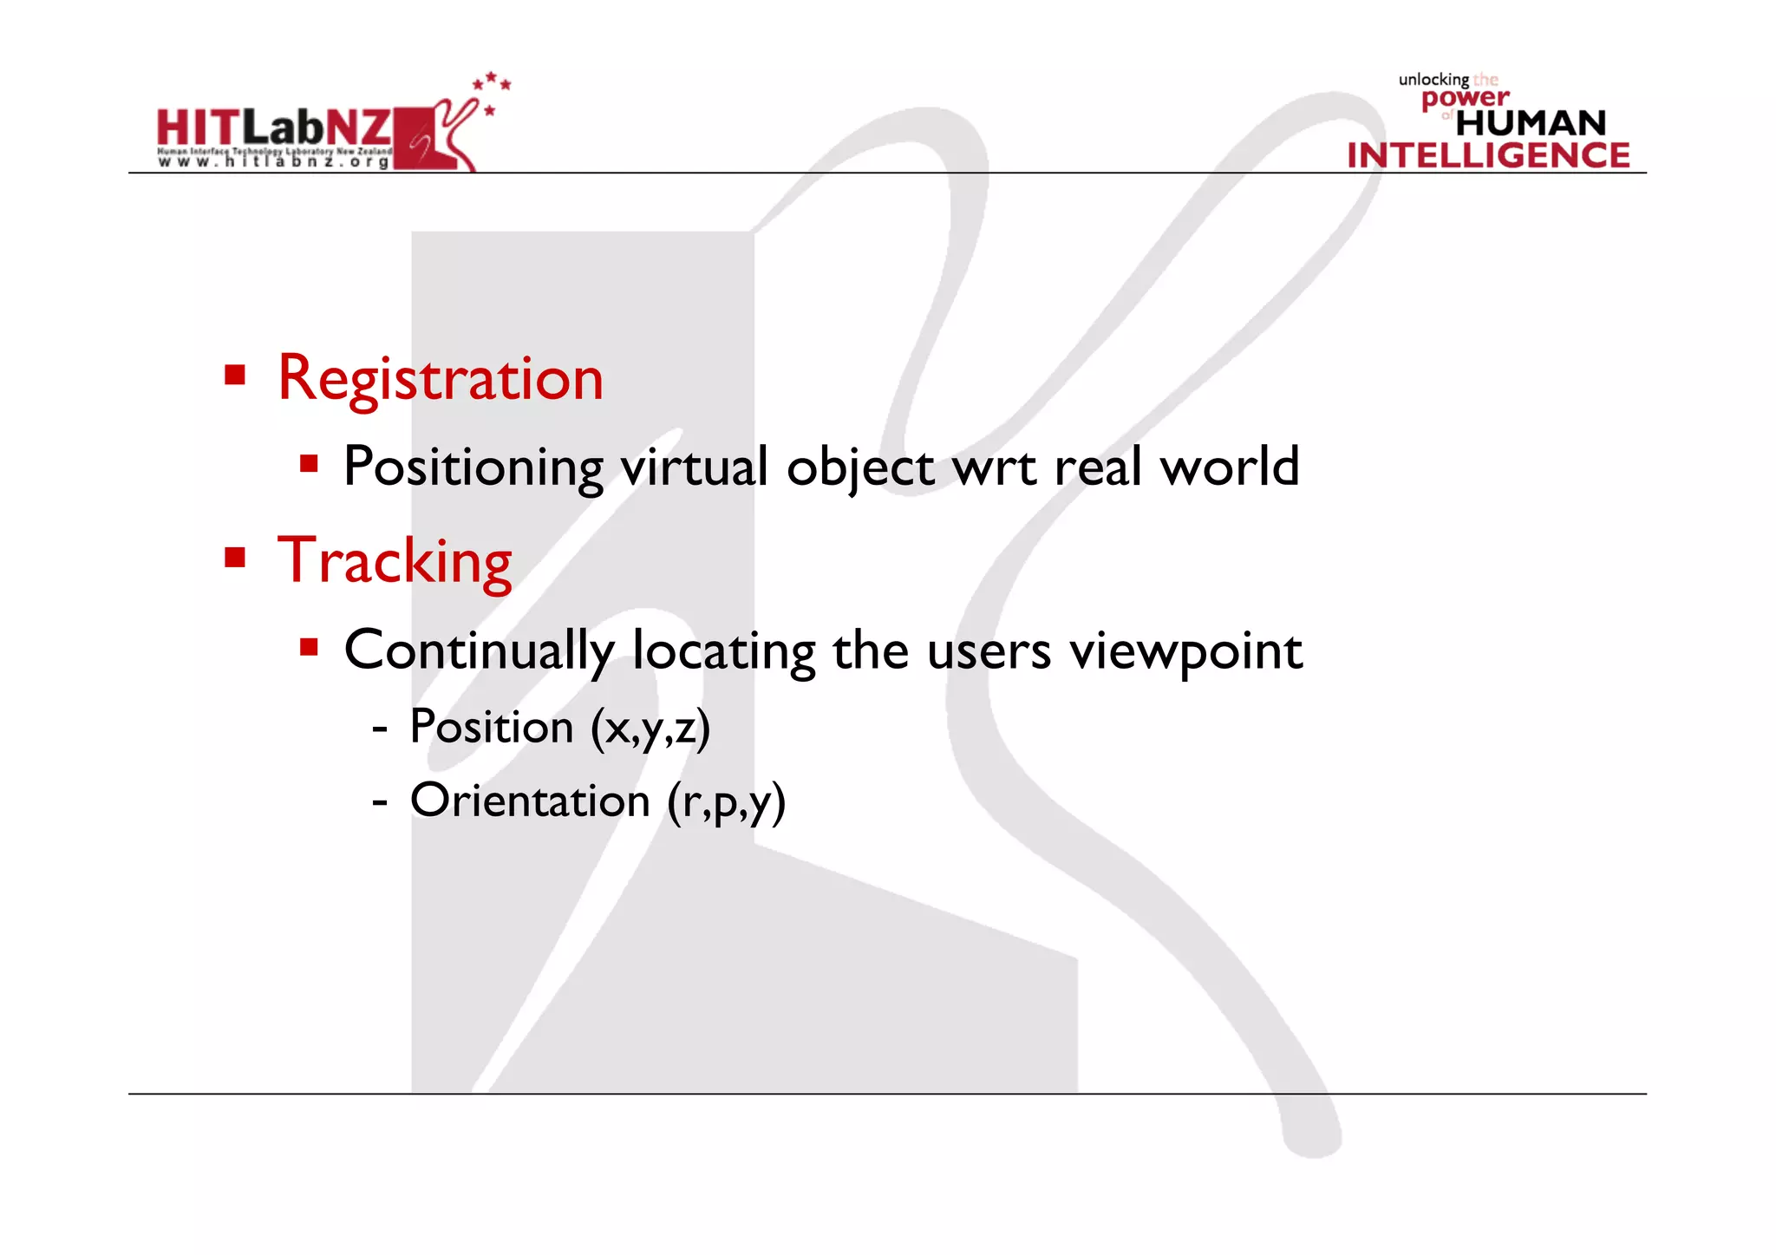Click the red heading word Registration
[x=440, y=379]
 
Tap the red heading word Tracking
[x=395, y=562]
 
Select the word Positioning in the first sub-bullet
[x=473, y=467]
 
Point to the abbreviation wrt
[x=994, y=468]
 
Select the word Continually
[x=480, y=650]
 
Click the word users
[x=989, y=650]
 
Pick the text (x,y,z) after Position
[x=650, y=728]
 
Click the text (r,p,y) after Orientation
[x=727, y=801]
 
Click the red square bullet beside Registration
[x=235, y=375]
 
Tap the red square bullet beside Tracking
[x=235, y=557]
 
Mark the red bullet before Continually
[x=309, y=647]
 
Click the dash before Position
[x=379, y=729]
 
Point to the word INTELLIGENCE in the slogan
[x=1488, y=155]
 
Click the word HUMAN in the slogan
[x=1531, y=123]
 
